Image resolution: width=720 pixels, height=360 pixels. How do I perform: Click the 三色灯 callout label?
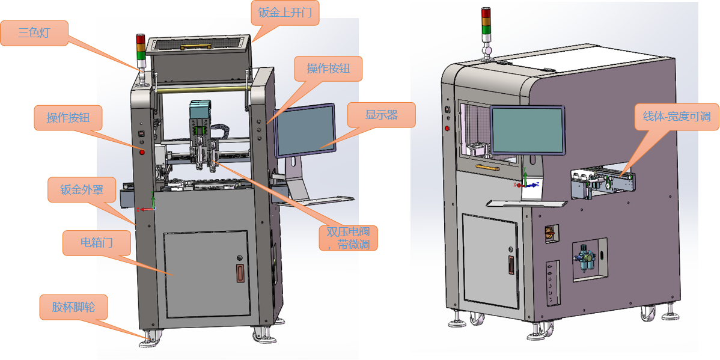point(34,32)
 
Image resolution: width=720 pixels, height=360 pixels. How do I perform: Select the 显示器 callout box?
point(381,114)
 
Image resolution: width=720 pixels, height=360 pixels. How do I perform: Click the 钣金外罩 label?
point(81,191)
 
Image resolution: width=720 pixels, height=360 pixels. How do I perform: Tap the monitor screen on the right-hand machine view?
point(527,130)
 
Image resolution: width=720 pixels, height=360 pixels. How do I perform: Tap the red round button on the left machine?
point(142,152)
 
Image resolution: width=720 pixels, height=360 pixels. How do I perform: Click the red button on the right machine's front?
point(447,127)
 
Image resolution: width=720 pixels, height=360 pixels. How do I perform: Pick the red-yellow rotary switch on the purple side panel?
point(549,232)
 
